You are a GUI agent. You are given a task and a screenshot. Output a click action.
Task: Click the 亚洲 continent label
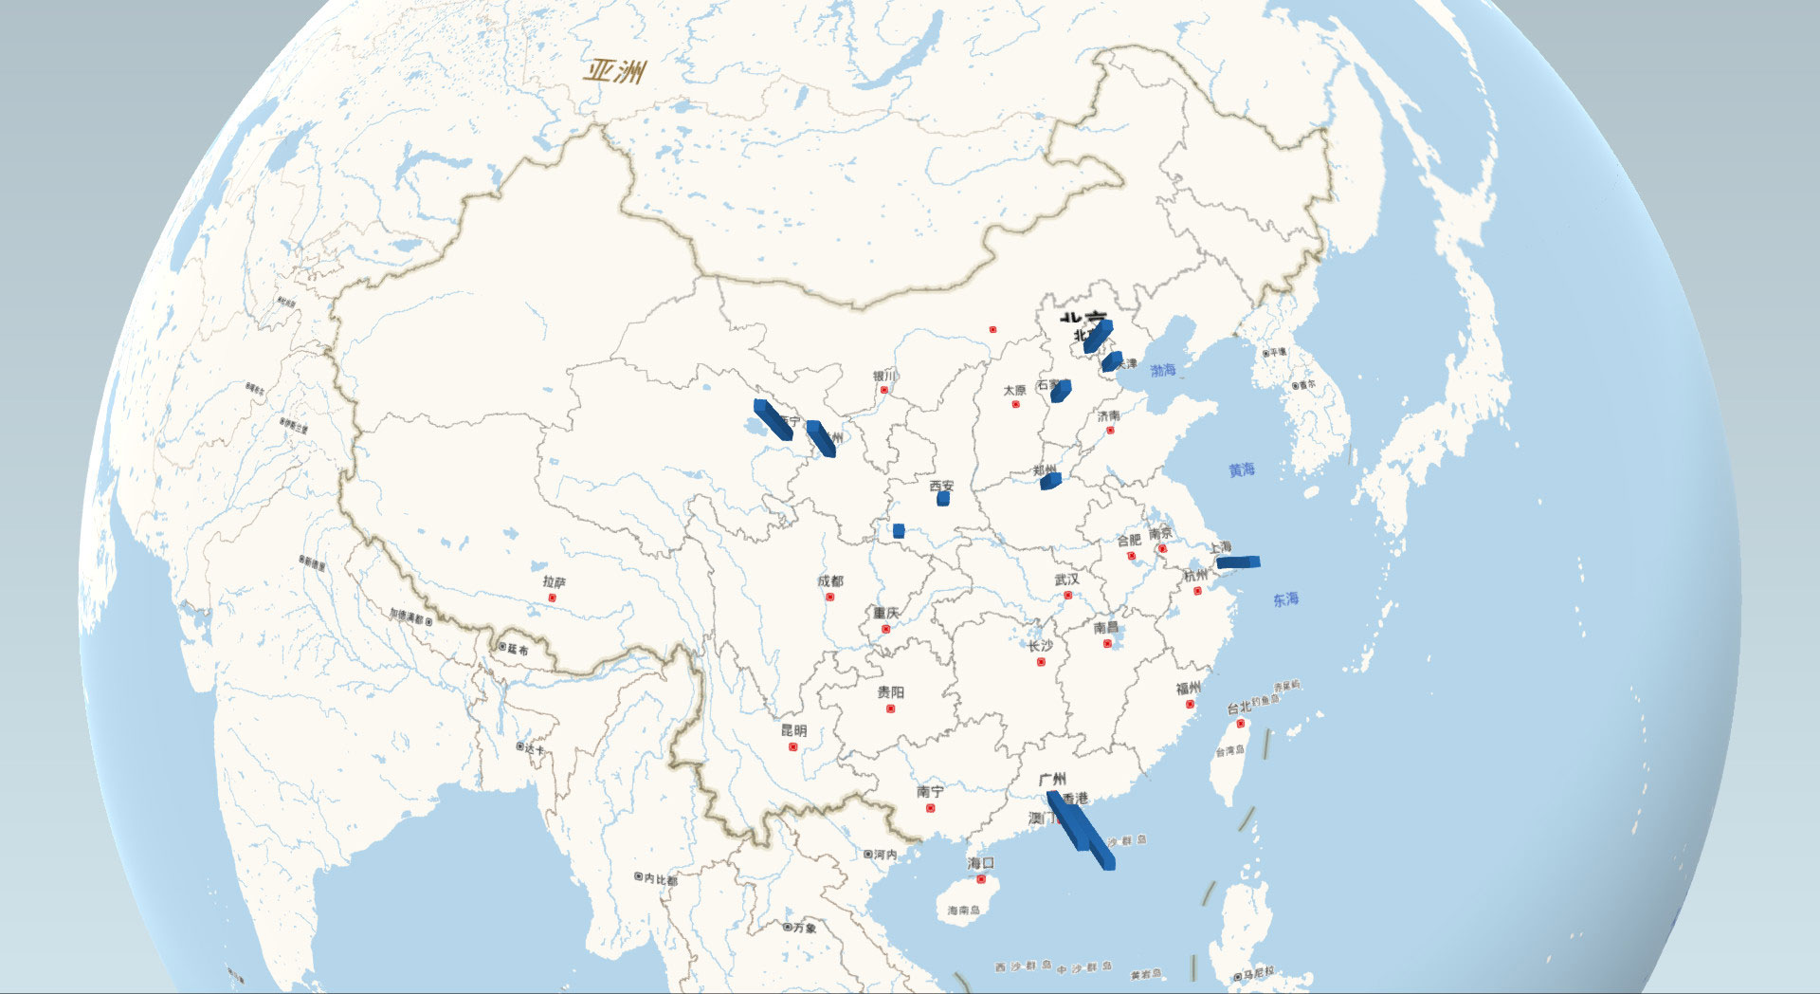click(x=615, y=71)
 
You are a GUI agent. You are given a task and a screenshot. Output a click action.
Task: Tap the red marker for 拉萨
click(x=553, y=598)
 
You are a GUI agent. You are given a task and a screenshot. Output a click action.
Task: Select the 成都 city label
click(x=829, y=580)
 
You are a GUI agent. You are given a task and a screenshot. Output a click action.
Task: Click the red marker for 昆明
click(x=793, y=747)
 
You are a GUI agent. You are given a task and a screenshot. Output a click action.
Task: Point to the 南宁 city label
click(x=930, y=791)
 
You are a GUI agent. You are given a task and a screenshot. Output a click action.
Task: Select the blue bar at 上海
click(x=1238, y=562)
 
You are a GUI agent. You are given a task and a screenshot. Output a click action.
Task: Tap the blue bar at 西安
click(x=942, y=498)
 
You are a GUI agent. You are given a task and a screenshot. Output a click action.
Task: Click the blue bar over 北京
click(x=1098, y=335)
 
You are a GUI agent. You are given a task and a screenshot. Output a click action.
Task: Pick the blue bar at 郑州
click(x=1049, y=481)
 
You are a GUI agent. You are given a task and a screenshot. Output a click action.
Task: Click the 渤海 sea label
click(x=1163, y=370)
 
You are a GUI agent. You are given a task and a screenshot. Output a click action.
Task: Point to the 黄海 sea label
click(x=1242, y=469)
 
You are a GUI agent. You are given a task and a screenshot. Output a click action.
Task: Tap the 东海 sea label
click(x=1285, y=599)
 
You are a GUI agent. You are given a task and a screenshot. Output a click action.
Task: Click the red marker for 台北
click(x=1240, y=724)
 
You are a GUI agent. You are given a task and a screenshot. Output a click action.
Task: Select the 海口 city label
click(x=981, y=863)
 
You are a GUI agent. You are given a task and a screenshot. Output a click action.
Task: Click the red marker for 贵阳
click(x=890, y=709)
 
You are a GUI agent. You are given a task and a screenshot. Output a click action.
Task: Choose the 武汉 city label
click(x=1066, y=579)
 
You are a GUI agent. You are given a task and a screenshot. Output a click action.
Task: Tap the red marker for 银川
click(x=884, y=390)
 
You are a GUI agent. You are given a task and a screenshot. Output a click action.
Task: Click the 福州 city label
click(x=1188, y=688)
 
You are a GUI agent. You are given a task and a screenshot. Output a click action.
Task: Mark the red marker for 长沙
click(x=1041, y=662)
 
